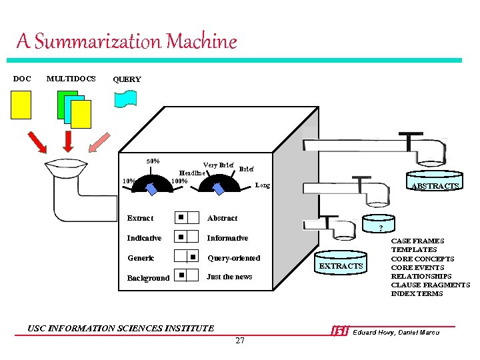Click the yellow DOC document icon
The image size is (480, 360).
pyautogui.click(x=21, y=105)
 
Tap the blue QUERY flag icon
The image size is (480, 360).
pyautogui.click(x=125, y=99)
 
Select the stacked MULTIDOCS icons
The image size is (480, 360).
pyautogui.click(x=71, y=109)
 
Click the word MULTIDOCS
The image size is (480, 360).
pyautogui.click(x=71, y=79)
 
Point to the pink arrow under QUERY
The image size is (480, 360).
pyautogui.click(x=101, y=142)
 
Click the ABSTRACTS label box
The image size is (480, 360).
pyautogui.click(x=435, y=185)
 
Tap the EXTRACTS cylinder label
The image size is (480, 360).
pyautogui.click(x=341, y=266)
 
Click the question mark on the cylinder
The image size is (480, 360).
pyautogui.click(x=380, y=229)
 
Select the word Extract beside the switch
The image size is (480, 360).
pyautogui.click(x=140, y=218)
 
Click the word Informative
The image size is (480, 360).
pyautogui.click(x=227, y=238)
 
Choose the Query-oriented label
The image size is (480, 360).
pyautogui.click(x=233, y=258)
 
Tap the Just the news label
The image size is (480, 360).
pyautogui.click(x=229, y=277)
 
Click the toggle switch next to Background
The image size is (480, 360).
pyautogui.click(x=187, y=275)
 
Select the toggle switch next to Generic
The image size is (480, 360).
pyautogui.click(x=187, y=257)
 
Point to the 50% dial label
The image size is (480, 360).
pyautogui.click(x=153, y=161)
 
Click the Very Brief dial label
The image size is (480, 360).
pyautogui.click(x=218, y=165)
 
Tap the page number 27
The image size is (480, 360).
pyautogui.click(x=240, y=341)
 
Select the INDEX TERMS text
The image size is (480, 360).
pyautogui.click(x=417, y=293)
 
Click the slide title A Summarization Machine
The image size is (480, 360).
pyautogui.click(x=127, y=42)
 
